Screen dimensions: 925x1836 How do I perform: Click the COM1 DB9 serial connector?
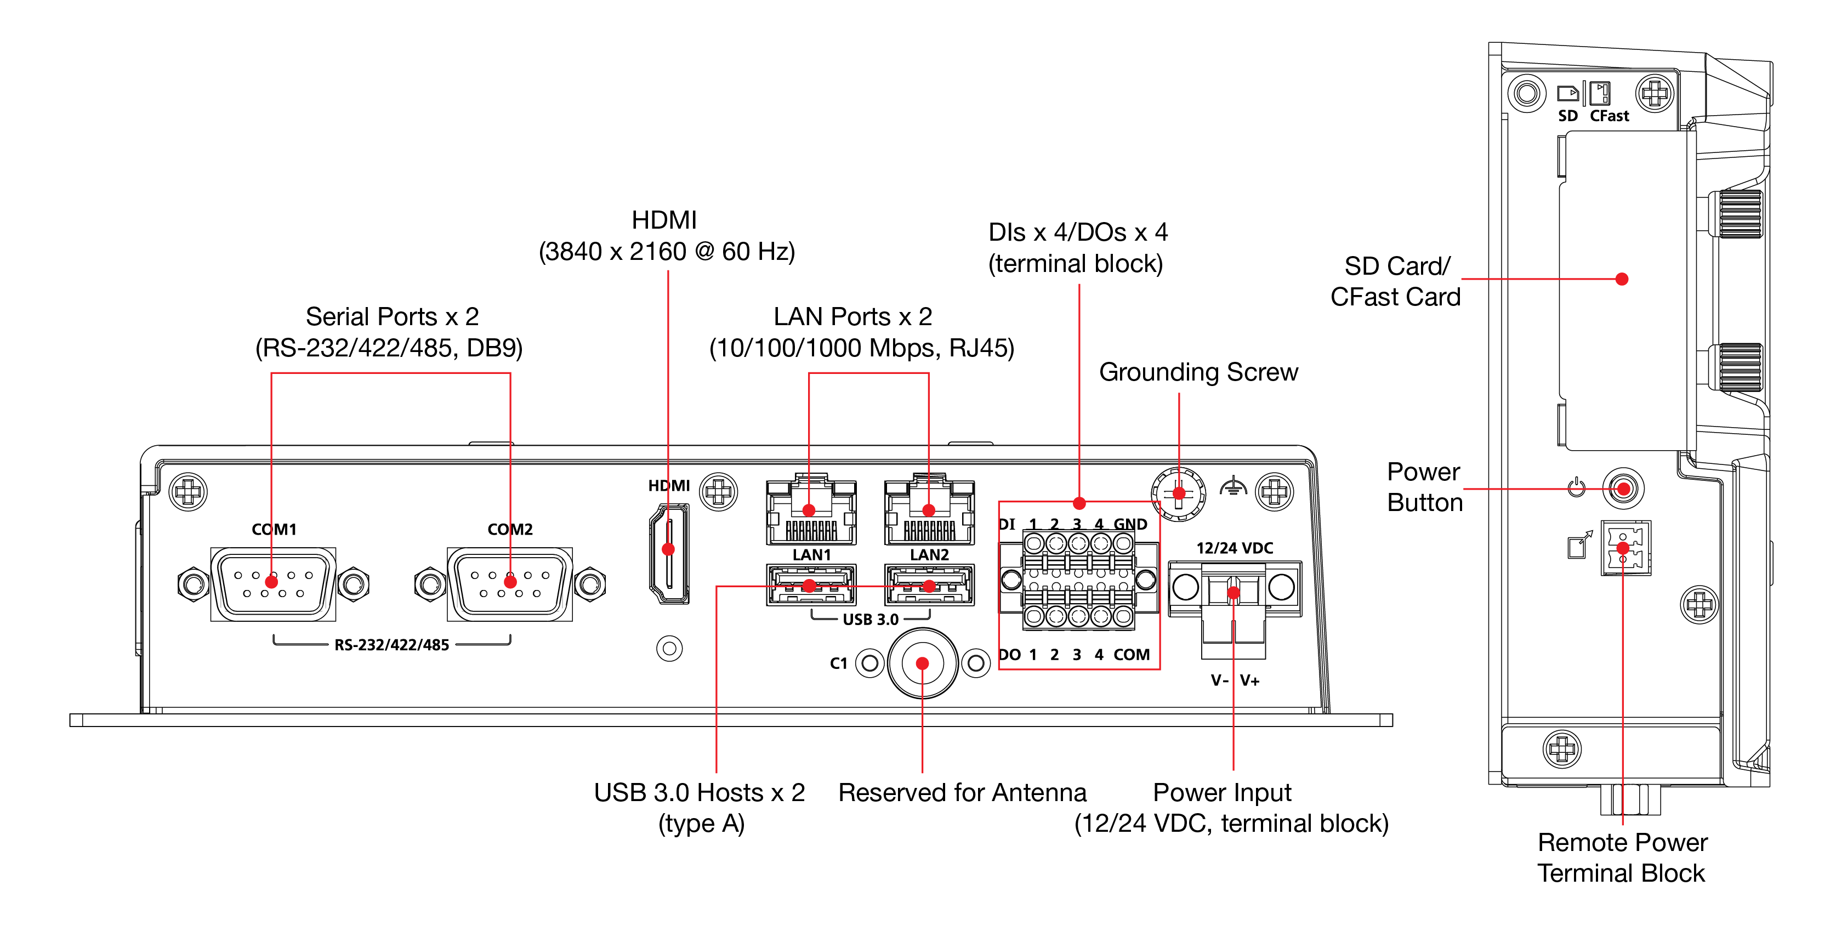273,583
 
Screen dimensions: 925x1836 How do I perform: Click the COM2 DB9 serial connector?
510,583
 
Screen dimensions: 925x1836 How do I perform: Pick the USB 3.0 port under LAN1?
810,585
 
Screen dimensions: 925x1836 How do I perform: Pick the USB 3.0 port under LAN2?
929,585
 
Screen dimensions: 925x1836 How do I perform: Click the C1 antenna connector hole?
922,663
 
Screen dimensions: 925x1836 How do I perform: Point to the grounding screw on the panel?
1178,492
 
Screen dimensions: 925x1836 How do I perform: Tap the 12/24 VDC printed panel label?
1235,548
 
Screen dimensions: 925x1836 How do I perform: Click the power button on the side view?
1623,489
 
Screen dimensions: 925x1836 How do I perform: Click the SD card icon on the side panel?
1567,93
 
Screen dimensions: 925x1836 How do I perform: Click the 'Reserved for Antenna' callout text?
962,792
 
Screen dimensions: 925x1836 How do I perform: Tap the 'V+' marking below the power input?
1249,680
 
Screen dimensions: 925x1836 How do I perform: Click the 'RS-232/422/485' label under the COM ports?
391,645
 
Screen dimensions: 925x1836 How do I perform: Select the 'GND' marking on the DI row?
1130,525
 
